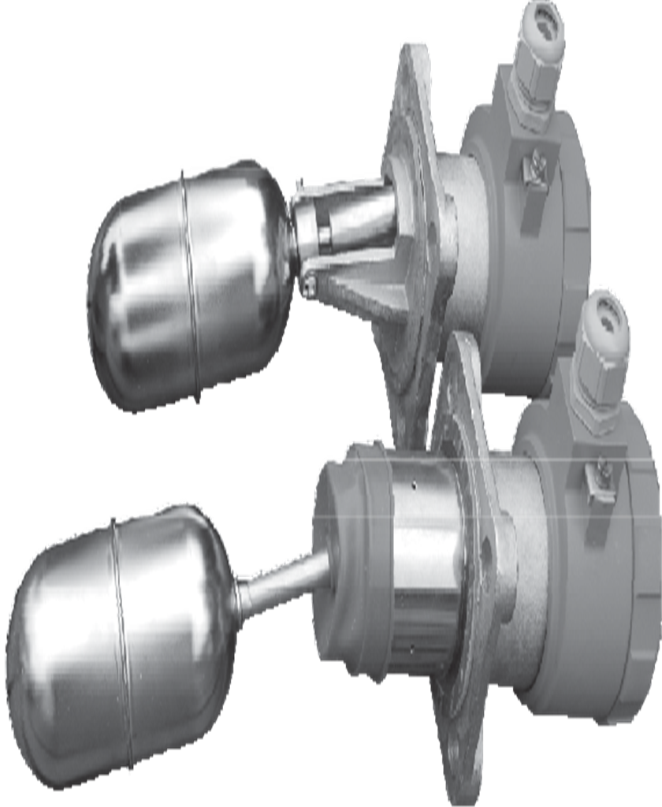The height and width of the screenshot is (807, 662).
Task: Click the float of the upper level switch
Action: click(x=189, y=284)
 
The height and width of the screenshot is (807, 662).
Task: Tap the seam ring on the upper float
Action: click(x=189, y=284)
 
